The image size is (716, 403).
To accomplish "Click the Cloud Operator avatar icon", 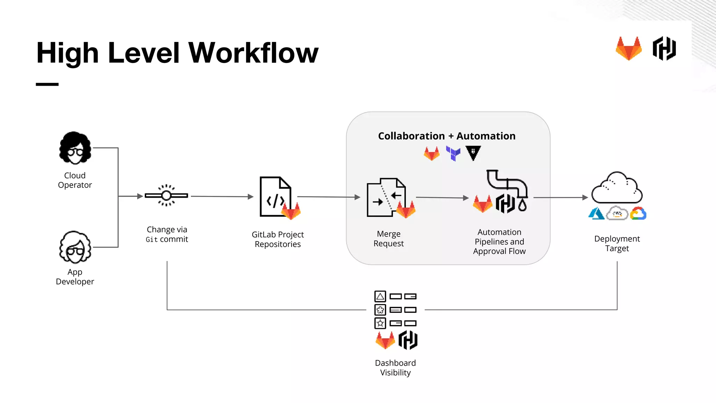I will click(75, 148).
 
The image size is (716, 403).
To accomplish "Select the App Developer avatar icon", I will click(75, 247).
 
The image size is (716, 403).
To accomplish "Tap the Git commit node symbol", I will click(166, 196).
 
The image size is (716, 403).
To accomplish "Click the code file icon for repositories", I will click(275, 197).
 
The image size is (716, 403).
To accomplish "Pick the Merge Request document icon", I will click(386, 198).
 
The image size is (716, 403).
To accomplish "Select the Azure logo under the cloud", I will click(596, 213).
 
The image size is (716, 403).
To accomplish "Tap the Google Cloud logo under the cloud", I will click(638, 213).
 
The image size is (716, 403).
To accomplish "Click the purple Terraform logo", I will click(453, 153).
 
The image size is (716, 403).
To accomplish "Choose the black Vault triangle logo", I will click(473, 153).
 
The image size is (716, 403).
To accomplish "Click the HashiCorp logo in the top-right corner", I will click(664, 49).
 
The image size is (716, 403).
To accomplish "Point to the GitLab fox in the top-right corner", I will click(629, 49).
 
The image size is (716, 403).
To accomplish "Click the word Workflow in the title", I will click(253, 53).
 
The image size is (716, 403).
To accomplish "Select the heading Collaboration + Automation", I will click(446, 136).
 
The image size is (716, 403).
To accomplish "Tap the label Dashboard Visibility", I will click(395, 368).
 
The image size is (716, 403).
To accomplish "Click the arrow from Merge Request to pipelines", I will click(442, 198).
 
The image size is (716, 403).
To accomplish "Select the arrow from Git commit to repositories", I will click(222, 197).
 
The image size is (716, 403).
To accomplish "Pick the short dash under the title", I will click(47, 84).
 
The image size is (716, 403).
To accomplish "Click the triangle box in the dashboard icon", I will click(380, 296).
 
